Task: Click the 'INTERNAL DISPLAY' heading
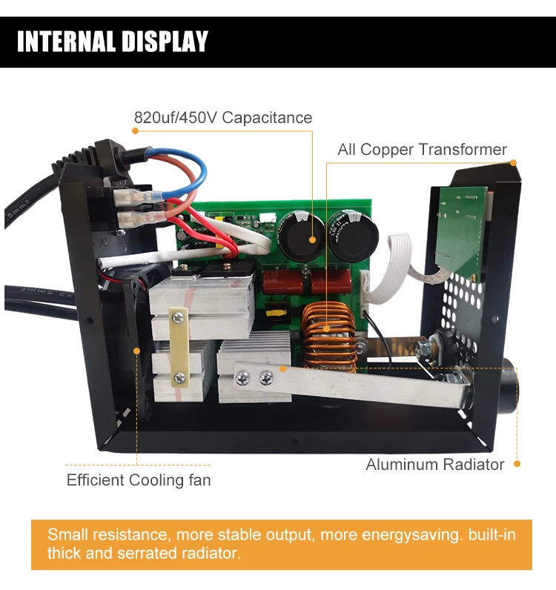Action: (x=113, y=42)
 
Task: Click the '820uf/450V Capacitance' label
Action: (x=222, y=118)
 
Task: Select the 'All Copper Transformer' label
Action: (x=422, y=150)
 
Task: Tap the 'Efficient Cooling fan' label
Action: (x=139, y=480)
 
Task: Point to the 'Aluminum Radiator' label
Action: (x=434, y=465)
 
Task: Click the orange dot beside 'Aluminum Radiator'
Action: (x=517, y=464)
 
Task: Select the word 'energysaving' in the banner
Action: (x=405, y=534)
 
